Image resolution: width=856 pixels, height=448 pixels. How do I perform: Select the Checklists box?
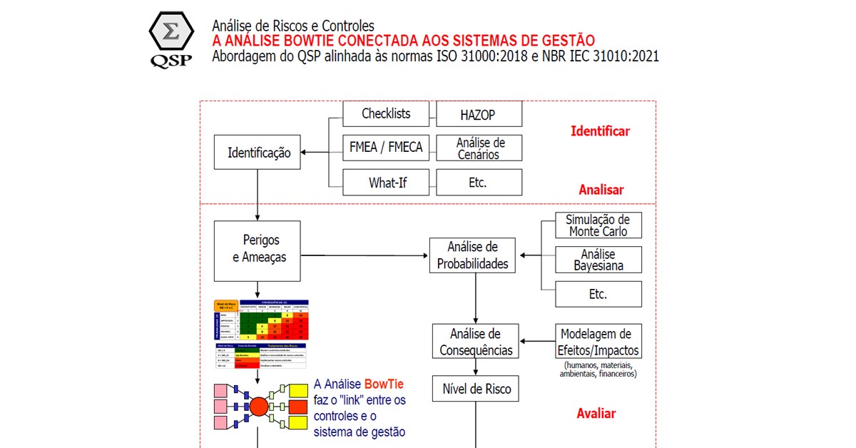point(386,113)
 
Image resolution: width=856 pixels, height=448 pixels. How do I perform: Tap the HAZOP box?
point(478,114)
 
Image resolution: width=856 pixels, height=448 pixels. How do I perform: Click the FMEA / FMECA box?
point(386,148)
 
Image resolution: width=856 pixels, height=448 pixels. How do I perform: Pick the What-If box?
point(386,183)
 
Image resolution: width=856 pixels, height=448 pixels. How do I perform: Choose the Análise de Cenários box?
point(478,148)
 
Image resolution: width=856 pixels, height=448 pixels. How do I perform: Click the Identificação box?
point(258,152)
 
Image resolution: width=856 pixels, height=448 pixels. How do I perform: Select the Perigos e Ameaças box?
point(256,249)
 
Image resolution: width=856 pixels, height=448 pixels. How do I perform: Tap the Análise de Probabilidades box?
point(473,255)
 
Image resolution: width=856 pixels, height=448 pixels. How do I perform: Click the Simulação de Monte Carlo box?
point(598,225)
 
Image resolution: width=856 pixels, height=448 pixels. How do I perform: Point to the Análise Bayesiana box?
point(598,260)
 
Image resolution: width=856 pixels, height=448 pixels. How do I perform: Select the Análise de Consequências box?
point(475,342)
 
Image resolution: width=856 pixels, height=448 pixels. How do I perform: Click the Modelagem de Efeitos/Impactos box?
point(598,342)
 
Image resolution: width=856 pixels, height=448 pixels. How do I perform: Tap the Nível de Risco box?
point(475,390)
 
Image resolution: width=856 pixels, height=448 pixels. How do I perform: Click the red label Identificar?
point(600,131)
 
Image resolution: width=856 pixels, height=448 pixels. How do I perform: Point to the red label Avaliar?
point(596,414)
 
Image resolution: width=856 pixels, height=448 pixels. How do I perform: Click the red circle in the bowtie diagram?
point(258,407)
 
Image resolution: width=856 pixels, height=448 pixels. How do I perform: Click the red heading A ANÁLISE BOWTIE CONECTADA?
point(403,41)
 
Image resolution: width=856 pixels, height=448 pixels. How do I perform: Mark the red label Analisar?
point(601,190)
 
